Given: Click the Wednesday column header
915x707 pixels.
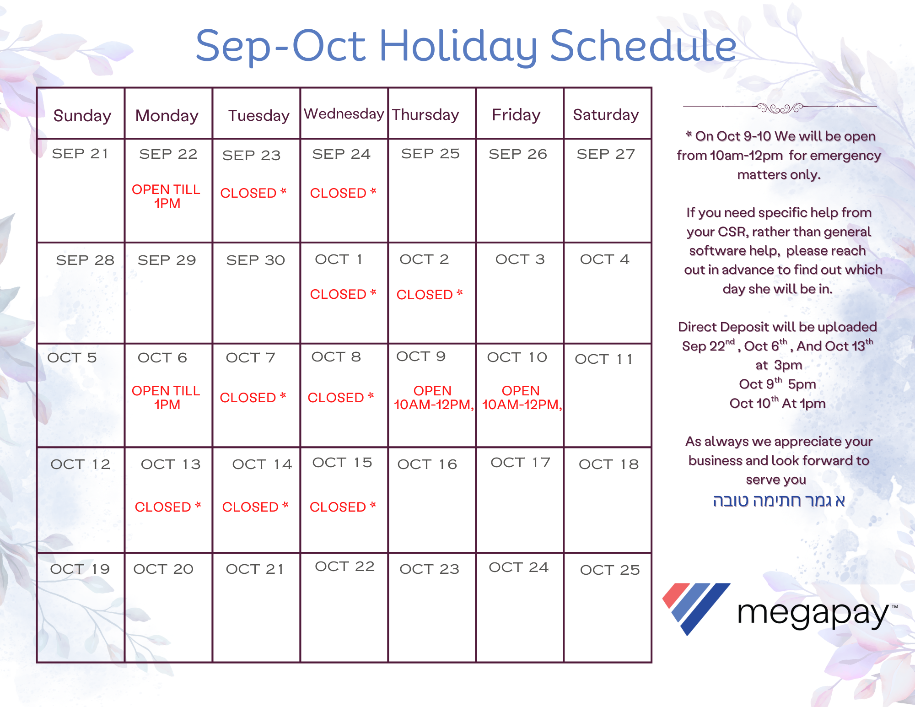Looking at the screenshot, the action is (344, 114).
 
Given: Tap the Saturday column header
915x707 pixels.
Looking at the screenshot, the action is (606, 115).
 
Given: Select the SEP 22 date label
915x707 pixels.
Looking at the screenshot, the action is (168, 154).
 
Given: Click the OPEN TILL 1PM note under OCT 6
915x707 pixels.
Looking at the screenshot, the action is (166, 398).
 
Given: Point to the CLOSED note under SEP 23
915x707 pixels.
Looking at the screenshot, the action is (253, 193).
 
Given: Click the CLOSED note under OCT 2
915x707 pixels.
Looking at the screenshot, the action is (430, 295).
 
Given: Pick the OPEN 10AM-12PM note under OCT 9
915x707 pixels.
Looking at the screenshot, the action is (433, 398).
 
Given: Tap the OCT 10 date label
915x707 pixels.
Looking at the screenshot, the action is (517, 357).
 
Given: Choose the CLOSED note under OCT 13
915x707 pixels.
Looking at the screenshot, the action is (168, 507).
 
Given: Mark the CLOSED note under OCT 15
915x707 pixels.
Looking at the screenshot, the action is (343, 507).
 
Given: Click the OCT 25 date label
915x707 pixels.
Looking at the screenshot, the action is (610, 570).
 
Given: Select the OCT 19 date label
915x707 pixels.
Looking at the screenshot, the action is (80, 569).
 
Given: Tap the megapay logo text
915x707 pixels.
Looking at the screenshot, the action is (813, 614).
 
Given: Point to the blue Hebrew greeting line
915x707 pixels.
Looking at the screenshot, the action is (779, 501).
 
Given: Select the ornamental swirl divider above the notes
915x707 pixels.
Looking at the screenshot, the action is (780, 108).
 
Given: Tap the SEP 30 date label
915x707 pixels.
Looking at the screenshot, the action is (256, 260).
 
